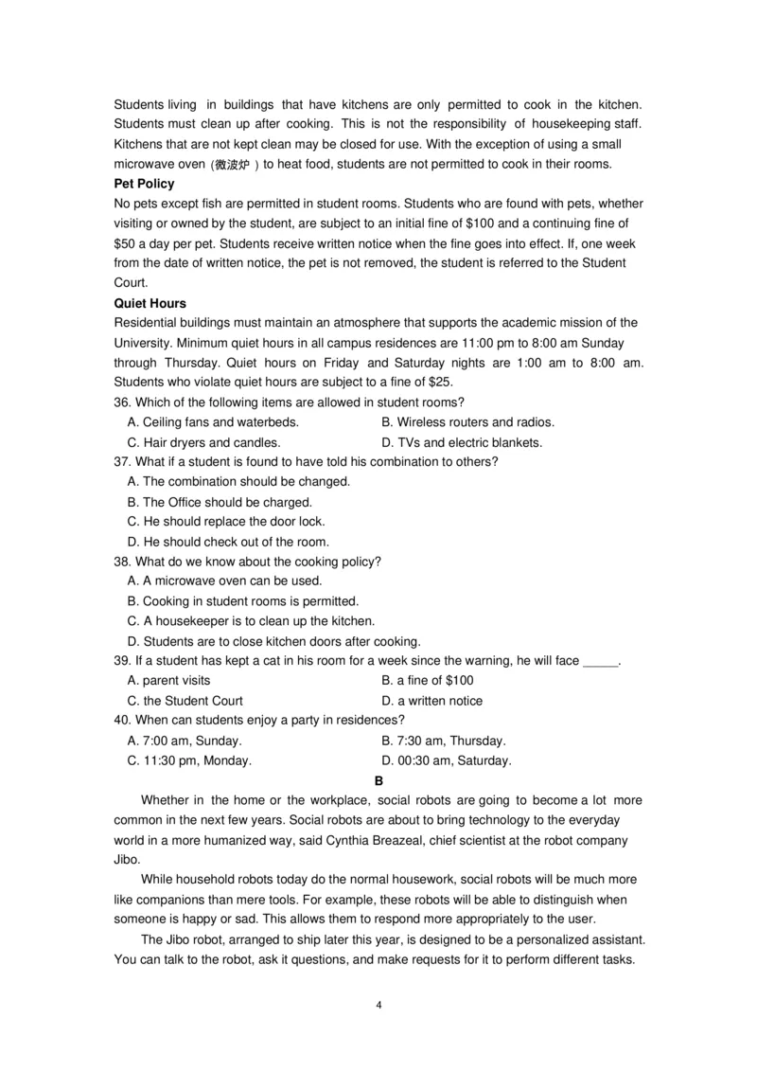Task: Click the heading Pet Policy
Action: [x=144, y=184]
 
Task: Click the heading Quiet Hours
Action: [x=150, y=304]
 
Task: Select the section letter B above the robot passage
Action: [x=378, y=780]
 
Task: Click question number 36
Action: [x=122, y=402]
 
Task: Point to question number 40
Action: [x=122, y=721]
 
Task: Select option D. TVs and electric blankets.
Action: [x=461, y=442]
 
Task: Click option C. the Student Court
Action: [x=185, y=701]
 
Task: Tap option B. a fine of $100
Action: [x=427, y=681]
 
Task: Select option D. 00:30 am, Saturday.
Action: [x=446, y=760]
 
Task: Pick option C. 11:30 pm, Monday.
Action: [x=189, y=760]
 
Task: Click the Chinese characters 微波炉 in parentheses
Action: [x=233, y=165]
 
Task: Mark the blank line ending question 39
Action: [x=600, y=661]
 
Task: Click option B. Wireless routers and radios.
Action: [x=467, y=422]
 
